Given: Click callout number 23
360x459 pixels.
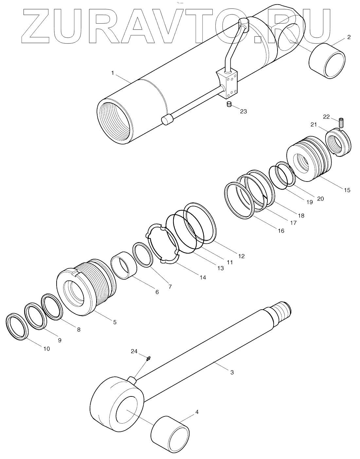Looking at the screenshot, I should click(243, 111).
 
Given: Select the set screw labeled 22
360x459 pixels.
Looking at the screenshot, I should click(341, 124).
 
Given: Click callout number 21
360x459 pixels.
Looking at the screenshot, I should click(314, 124).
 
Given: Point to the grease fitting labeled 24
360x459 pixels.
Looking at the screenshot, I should click(149, 359).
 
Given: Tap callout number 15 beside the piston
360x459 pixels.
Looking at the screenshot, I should click(347, 190).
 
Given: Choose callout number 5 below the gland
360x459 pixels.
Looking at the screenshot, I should click(115, 322).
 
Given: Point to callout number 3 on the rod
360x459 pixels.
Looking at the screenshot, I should click(232, 372).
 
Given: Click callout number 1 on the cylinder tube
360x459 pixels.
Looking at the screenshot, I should click(113, 73).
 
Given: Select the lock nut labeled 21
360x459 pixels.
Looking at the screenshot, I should click(339, 143).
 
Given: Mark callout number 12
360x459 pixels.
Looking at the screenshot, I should click(241, 256).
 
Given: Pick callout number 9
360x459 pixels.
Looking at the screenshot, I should click(59, 340).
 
